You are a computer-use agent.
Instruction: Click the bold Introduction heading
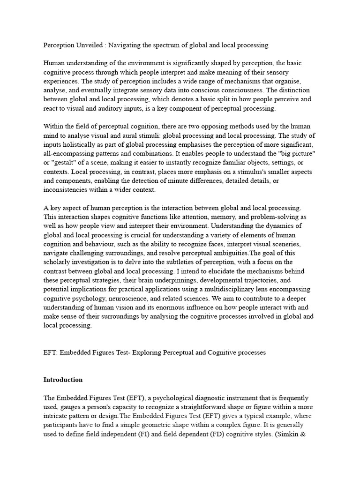(x=63, y=380)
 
